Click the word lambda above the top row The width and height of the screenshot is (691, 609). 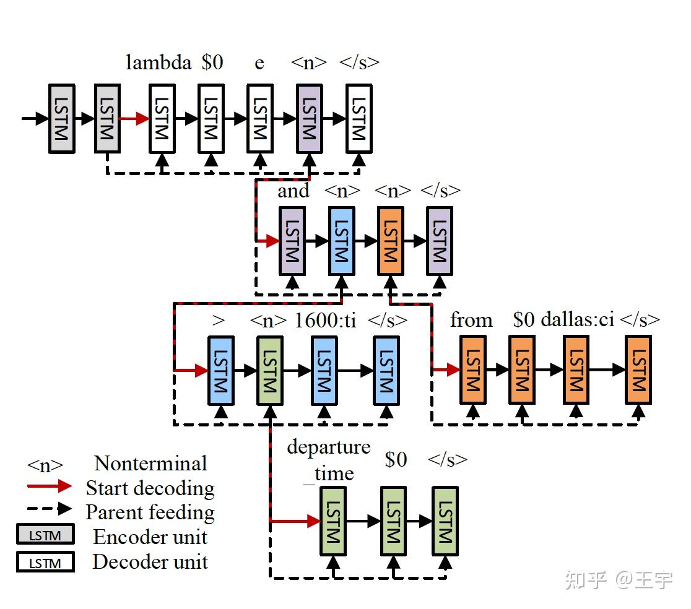coord(159,63)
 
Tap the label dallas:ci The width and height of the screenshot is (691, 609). coord(577,320)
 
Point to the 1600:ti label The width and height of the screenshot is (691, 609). coord(325,320)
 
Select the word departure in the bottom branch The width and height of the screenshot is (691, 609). coord(328,447)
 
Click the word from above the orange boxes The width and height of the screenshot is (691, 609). coord(471,320)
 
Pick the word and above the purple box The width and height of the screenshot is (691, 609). coord(293,191)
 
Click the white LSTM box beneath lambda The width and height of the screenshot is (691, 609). coord(162,119)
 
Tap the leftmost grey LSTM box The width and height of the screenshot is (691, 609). coord(62,119)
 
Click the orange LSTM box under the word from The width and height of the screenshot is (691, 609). coord(473,370)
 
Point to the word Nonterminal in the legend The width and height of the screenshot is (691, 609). coord(150,463)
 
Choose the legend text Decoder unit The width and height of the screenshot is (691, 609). coord(150,562)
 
